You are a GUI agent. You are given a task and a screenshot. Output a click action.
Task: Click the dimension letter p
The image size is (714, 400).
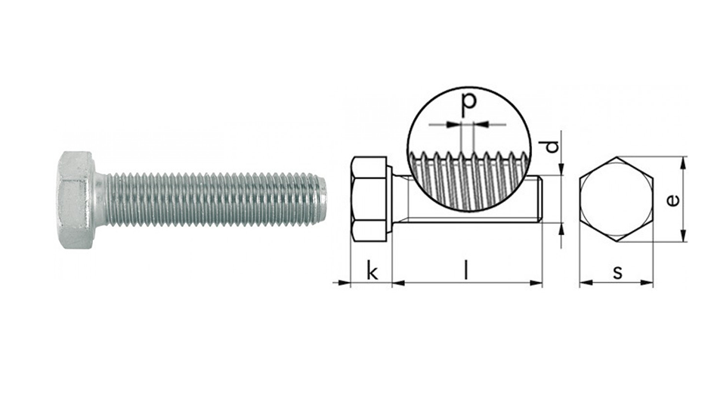468,103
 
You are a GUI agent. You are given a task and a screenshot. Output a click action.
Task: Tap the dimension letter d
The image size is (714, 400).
552,146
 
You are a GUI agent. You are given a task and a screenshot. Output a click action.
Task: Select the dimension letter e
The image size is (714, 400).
672,200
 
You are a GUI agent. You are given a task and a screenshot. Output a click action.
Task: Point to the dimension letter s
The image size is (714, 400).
617,272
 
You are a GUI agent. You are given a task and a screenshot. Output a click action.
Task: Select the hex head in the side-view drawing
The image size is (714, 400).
369,199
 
